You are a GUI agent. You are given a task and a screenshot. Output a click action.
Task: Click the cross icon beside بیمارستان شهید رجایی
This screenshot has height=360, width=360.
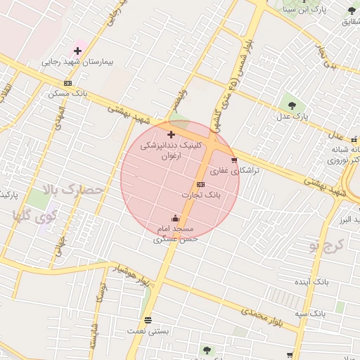click(x=77, y=51)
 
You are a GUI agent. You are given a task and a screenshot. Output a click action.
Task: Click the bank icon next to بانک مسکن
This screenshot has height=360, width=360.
click(x=67, y=83)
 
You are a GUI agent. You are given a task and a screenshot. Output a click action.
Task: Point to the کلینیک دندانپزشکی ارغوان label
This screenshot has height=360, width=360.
click(x=171, y=149)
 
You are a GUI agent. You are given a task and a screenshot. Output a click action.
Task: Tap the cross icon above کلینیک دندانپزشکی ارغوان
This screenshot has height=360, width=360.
click(x=171, y=134)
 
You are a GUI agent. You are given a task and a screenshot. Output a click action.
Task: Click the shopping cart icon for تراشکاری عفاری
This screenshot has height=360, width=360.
click(x=234, y=160)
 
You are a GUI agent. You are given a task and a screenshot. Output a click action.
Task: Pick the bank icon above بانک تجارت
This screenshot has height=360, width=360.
click(x=201, y=184)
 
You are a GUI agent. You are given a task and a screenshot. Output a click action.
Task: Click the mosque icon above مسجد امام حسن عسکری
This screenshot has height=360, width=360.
click(x=175, y=219)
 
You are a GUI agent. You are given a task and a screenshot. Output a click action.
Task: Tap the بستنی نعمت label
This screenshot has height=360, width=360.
click(x=145, y=330)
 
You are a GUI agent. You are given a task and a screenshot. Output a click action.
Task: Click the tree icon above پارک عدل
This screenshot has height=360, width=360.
click(x=290, y=105)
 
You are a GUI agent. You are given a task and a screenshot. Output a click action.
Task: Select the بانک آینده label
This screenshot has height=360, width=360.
click(x=311, y=281)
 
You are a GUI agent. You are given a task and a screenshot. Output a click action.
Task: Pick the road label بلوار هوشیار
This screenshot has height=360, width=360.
click(x=133, y=276)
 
